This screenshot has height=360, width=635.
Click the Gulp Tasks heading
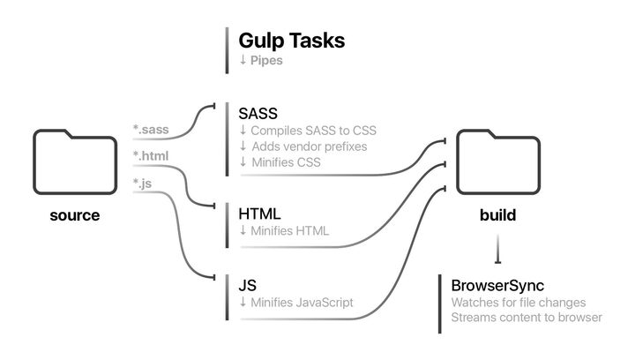click(291, 41)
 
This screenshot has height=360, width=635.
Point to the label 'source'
click(74, 215)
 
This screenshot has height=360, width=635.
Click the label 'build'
click(497, 215)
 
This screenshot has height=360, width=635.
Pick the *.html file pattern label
click(150, 156)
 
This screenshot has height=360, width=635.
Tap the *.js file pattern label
click(143, 184)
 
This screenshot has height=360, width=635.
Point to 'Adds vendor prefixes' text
click(303, 146)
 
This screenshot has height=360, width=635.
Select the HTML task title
click(259, 214)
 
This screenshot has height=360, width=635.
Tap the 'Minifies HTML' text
click(284, 231)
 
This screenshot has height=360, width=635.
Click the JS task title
click(248, 285)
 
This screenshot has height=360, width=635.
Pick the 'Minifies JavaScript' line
click(296, 303)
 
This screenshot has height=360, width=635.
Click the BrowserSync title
click(497, 286)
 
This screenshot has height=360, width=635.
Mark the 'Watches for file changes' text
click(518, 303)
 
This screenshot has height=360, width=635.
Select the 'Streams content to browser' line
click(527, 318)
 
